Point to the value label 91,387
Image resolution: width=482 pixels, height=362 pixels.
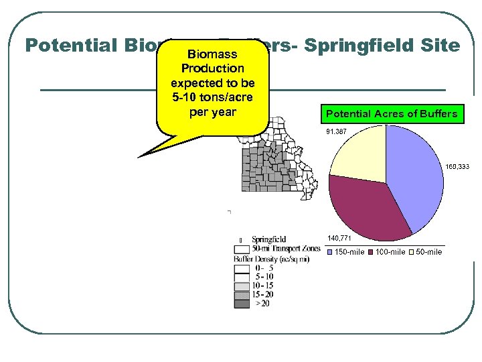336,132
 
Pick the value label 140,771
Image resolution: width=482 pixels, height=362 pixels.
339,238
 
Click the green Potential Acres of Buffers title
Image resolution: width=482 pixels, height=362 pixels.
391,114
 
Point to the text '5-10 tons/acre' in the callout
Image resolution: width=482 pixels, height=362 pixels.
212,97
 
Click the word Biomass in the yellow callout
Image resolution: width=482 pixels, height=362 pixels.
212,54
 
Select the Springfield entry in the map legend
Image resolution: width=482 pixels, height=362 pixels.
268,239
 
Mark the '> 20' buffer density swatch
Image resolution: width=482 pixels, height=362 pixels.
242,304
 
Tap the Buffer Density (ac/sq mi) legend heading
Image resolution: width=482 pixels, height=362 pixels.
270,258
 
